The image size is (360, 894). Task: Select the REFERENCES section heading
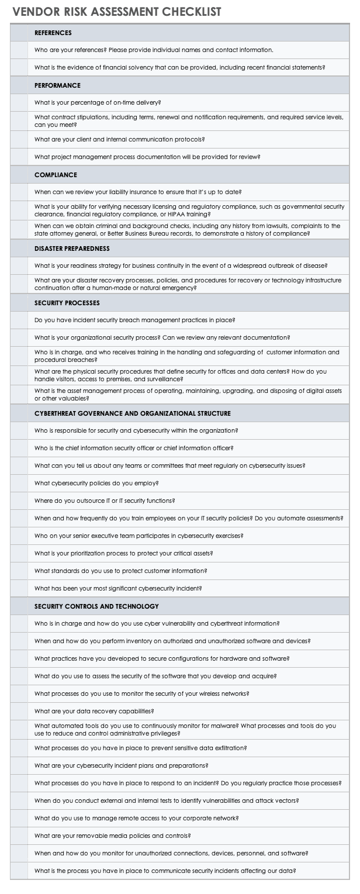pyautogui.click(x=53, y=33)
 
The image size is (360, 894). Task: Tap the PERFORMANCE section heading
pyautogui.click(x=57, y=85)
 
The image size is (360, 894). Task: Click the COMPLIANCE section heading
pyautogui.click(x=56, y=175)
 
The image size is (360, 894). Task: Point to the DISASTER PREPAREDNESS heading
pyautogui.click(x=72, y=248)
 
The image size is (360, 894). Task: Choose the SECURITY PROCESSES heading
pyautogui.click(x=67, y=303)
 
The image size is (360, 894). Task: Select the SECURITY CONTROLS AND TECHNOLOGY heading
pyautogui.click(x=96, y=606)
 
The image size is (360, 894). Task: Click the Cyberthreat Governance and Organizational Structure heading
pyautogui.click(x=132, y=413)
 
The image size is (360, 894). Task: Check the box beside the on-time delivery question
pyautogui.click(x=19, y=103)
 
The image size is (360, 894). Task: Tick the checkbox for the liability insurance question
pyautogui.click(x=19, y=192)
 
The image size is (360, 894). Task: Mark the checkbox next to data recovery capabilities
pyautogui.click(x=19, y=712)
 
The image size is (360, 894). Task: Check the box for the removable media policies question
pyautogui.click(x=19, y=836)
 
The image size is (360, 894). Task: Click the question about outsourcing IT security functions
pyautogui.click(x=105, y=501)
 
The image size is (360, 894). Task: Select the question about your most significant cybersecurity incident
pyautogui.click(x=118, y=589)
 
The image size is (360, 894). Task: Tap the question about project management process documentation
pyautogui.click(x=147, y=157)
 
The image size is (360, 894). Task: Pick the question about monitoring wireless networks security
pyautogui.click(x=142, y=694)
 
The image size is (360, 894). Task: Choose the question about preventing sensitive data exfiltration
pyautogui.click(x=140, y=748)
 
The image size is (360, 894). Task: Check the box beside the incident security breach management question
pyautogui.click(x=19, y=320)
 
